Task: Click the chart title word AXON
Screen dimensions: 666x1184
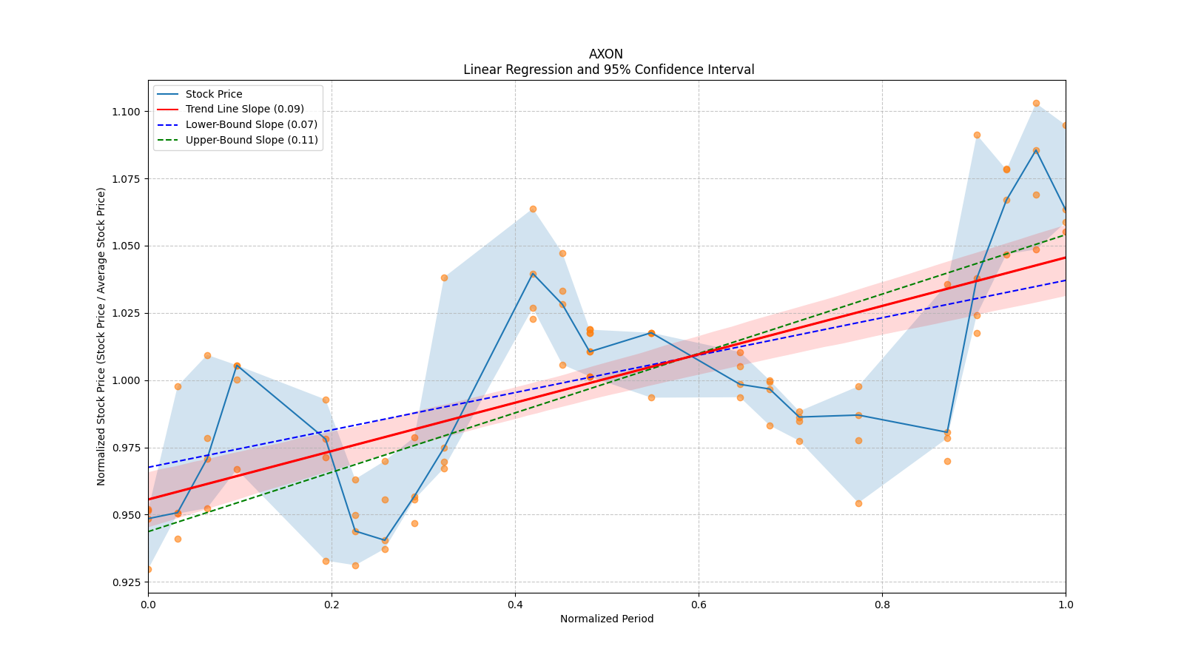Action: [605, 54]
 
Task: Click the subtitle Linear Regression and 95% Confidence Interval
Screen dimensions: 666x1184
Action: [608, 70]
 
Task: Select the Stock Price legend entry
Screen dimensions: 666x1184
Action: [214, 94]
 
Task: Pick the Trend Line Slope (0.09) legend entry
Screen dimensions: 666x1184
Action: [244, 110]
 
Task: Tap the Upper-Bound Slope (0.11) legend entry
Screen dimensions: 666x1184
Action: [252, 141]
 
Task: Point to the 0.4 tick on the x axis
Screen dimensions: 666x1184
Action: [515, 605]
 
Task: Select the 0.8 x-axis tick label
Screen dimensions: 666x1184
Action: [882, 605]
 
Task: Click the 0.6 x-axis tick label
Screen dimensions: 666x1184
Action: [699, 605]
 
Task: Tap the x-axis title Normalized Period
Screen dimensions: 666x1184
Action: [607, 619]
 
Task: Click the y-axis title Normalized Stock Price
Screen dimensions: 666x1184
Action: [101, 336]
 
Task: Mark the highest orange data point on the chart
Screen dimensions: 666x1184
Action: [1036, 103]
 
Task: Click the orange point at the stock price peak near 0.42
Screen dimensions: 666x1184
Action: [533, 209]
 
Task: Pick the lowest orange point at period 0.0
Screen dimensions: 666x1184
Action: [149, 569]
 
